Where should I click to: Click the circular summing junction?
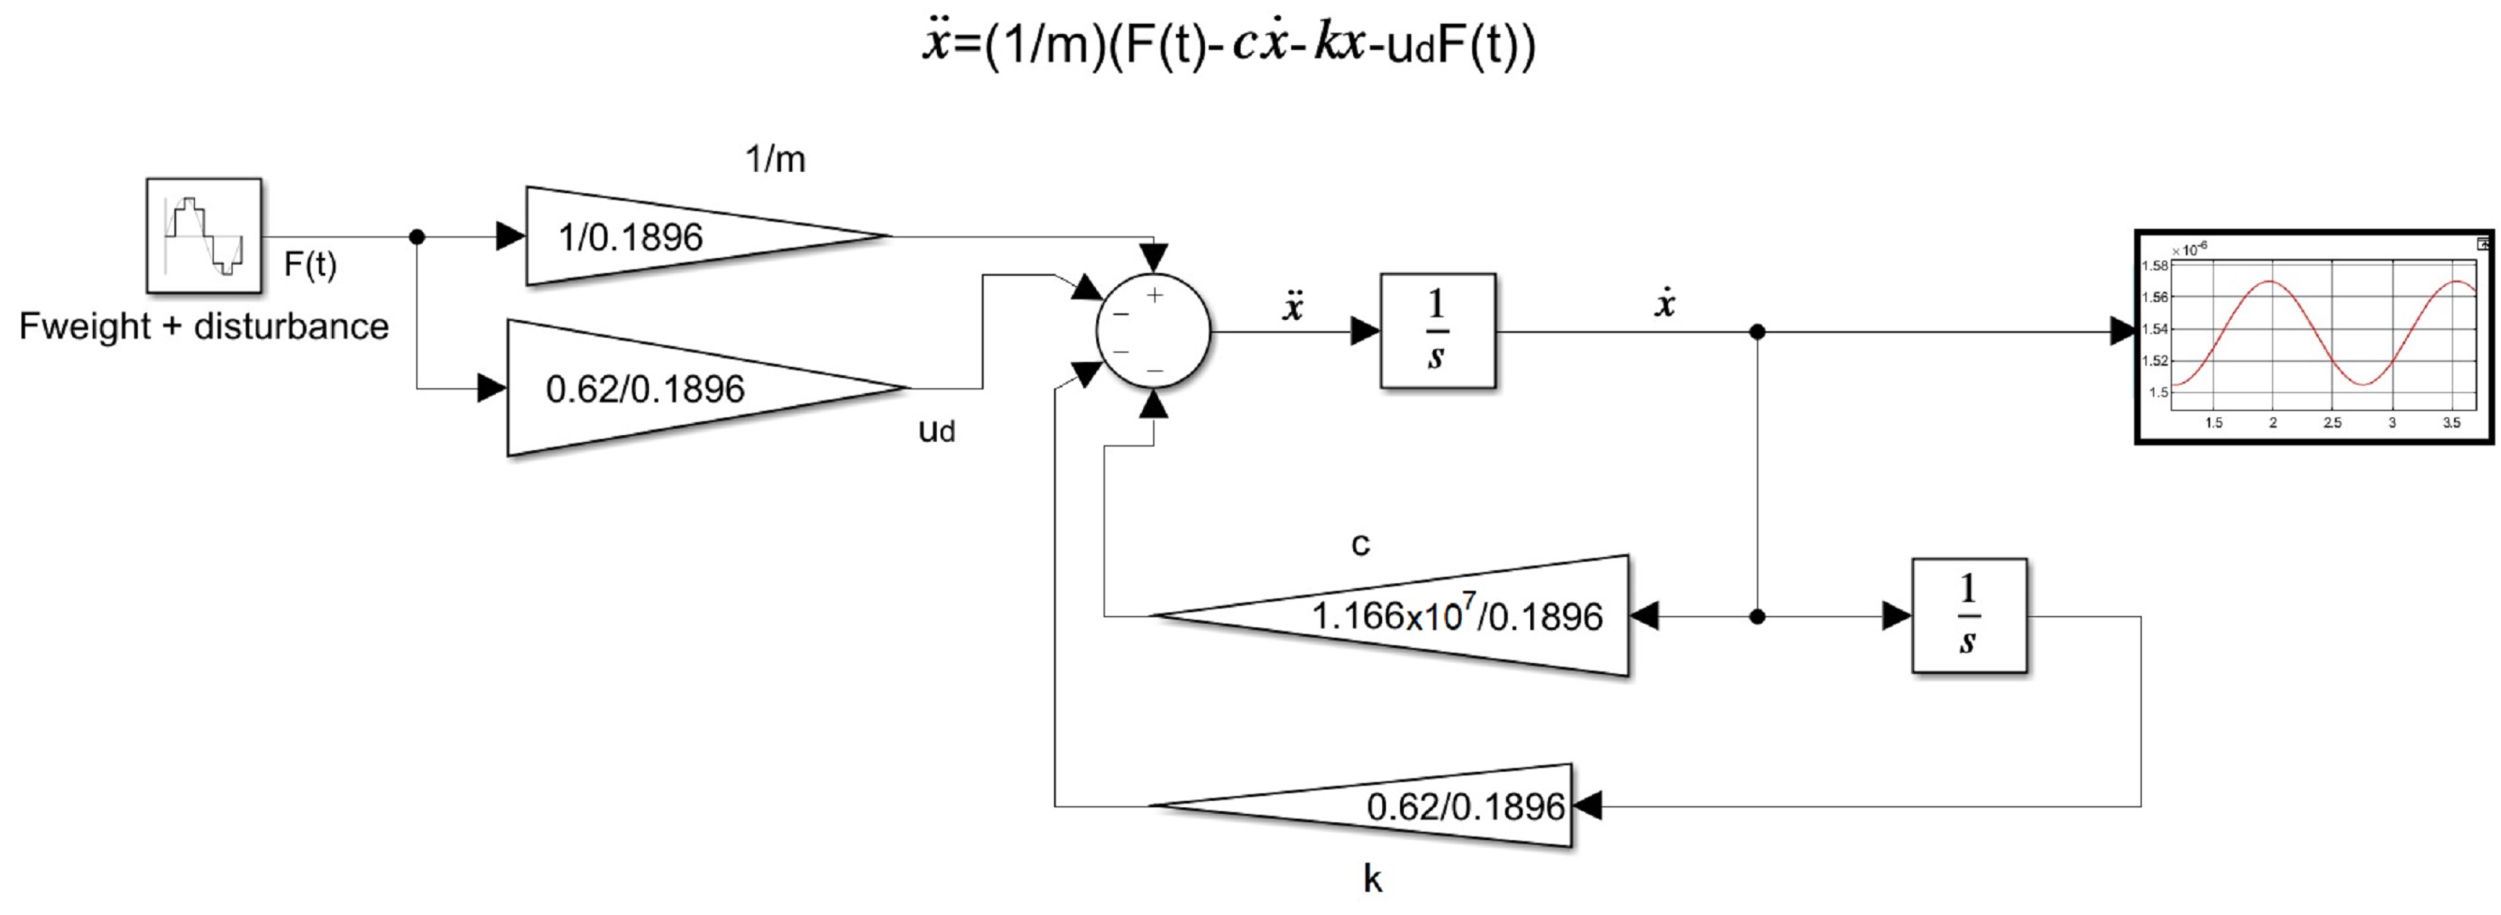pos(1153,332)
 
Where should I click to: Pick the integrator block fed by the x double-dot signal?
pos(1437,332)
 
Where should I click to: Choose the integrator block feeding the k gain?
pos(1968,615)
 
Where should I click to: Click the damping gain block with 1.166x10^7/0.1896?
pos(1437,615)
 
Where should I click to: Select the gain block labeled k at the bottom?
pos(1408,806)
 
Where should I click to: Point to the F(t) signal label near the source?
pos(310,264)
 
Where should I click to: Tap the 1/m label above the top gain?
pos(775,159)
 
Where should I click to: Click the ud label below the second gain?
pos(937,430)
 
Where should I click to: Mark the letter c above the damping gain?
pos(1360,545)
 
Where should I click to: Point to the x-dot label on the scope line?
pos(1664,304)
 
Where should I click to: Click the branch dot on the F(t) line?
pos(416,236)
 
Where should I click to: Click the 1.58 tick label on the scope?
pos(2154,266)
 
